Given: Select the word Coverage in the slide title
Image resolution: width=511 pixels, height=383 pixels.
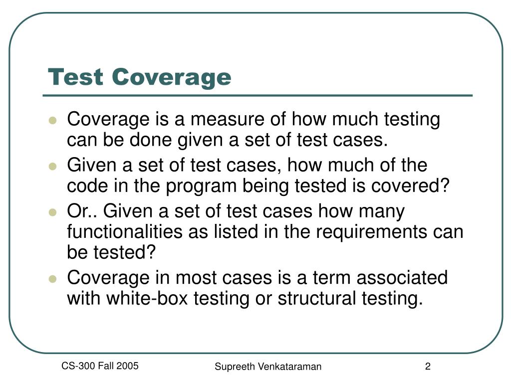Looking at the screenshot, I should pos(172,77).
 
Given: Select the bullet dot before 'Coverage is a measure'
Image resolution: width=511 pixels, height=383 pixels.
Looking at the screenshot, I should pos(52,121).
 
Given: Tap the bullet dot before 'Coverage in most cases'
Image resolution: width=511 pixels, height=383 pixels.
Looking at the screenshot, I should pos(52,278).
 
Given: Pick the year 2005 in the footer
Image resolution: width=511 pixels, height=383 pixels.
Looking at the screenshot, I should pos(128,367).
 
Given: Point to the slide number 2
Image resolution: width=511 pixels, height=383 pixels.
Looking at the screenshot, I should pos(428,367).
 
